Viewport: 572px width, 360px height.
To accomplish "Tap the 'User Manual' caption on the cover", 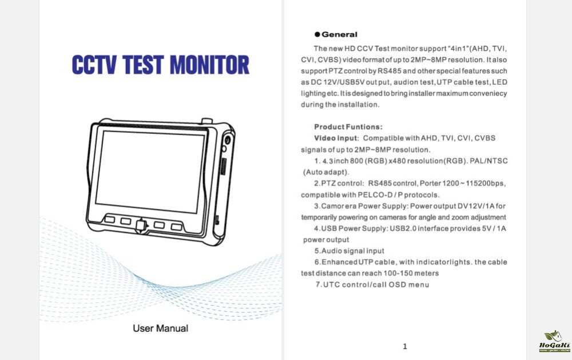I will pyautogui.click(x=160, y=329).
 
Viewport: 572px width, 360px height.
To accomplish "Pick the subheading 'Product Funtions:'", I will pyautogui.click(x=348, y=126).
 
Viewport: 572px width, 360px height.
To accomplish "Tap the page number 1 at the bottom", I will pyautogui.click(x=405, y=346).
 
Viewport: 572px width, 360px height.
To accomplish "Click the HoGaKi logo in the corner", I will pyautogui.click(x=552, y=341).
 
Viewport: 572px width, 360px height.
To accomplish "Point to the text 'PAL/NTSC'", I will pyautogui.click(x=488, y=161).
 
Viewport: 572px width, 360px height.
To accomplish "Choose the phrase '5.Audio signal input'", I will pyautogui.click(x=349, y=251).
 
